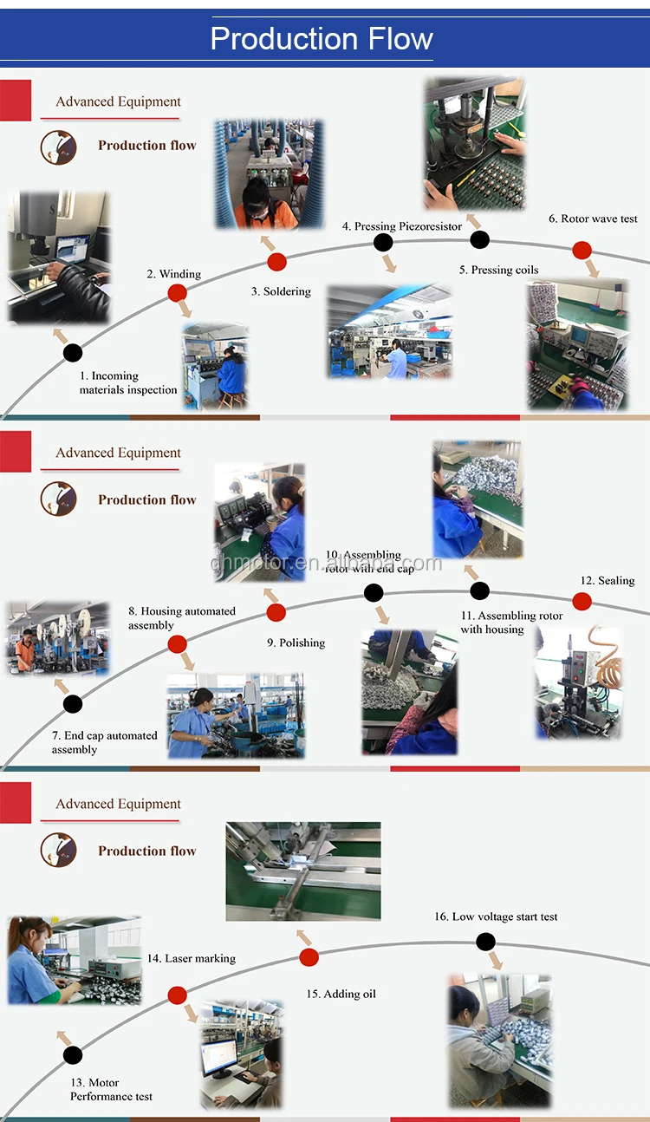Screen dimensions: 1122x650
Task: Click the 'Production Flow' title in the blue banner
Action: tap(322, 39)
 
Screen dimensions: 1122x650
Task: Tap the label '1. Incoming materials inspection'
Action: tap(128, 383)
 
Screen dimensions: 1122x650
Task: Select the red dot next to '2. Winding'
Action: tap(178, 293)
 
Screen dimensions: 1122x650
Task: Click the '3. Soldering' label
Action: tap(281, 291)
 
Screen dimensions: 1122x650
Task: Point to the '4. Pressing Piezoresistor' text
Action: tap(402, 226)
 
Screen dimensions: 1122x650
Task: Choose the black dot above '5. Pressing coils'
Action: tap(479, 240)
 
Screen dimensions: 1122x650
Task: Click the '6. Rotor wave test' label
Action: tap(593, 219)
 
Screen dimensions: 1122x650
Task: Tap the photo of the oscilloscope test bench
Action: tap(577, 344)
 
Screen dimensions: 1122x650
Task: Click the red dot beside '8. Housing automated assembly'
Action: tap(178, 644)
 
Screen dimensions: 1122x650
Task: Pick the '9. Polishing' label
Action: tap(296, 643)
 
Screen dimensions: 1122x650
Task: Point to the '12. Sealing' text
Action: tap(607, 581)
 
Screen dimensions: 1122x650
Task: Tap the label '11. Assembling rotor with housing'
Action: tap(511, 623)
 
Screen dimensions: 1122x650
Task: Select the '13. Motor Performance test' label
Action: tap(111, 1089)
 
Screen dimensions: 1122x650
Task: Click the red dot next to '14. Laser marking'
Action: tap(178, 995)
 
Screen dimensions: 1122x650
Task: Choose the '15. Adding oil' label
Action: tap(341, 994)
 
